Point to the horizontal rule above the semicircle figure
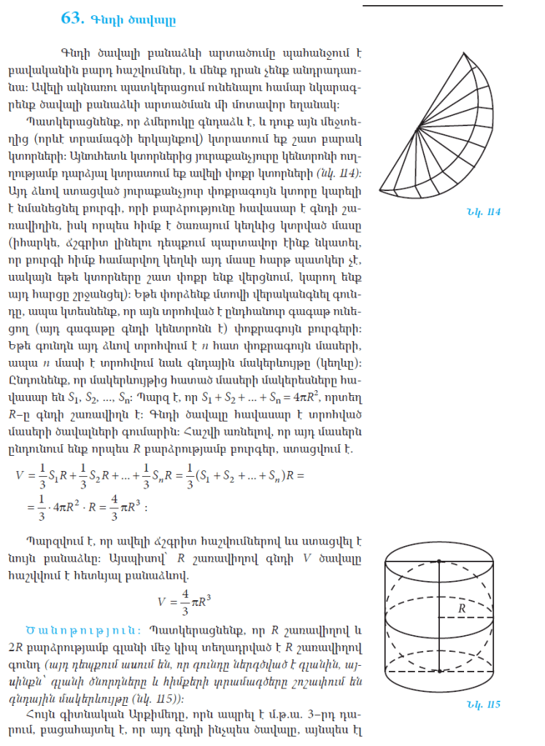click(x=432, y=7)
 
